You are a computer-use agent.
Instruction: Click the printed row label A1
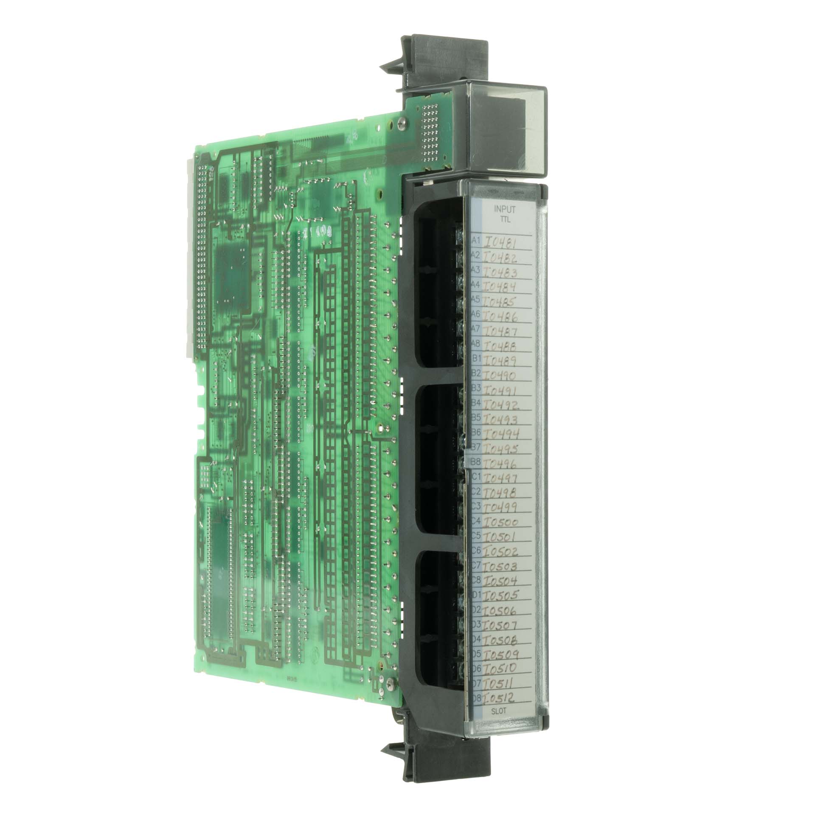tap(476, 241)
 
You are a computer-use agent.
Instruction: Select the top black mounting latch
tap(399, 64)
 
